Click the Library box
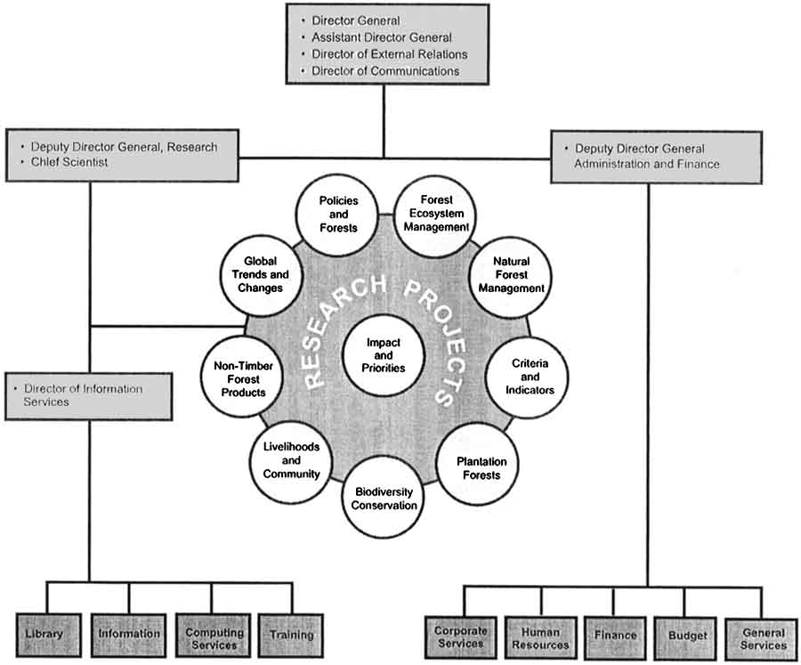coord(44,634)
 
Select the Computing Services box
coord(214,637)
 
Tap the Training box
coord(291,635)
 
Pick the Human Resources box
coord(540,637)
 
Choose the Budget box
coord(687,635)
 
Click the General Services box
coord(762,637)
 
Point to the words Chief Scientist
coord(72,162)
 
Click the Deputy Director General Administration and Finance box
coord(656,157)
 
